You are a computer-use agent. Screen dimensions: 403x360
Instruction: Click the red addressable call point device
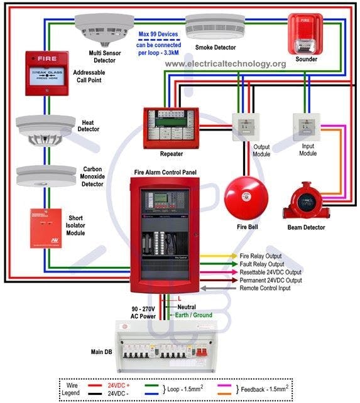pyautogui.click(x=47, y=73)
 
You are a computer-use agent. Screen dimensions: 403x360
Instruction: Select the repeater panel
pyautogui.click(x=171, y=128)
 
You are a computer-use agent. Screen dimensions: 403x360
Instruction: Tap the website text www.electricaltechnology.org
pyautogui.click(x=226, y=63)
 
